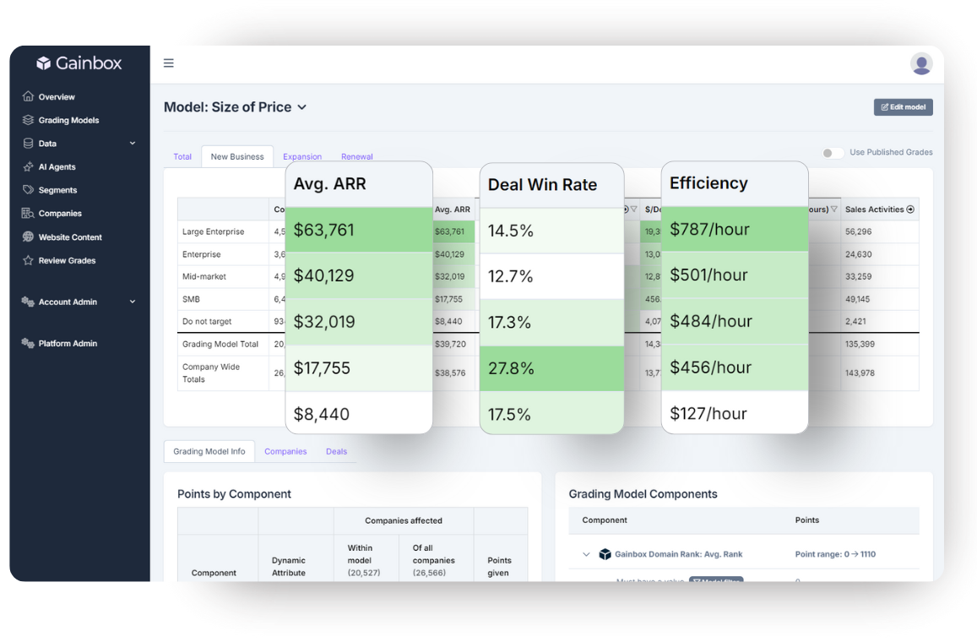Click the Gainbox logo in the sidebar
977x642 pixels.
coord(79,63)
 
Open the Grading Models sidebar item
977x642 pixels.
coord(68,120)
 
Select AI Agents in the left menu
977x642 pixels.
coord(57,167)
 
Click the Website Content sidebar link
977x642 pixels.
coord(69,237)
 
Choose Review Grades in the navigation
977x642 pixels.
coord(66,260)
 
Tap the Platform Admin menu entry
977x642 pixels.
coord(67,343)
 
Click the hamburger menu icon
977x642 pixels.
coord(169,63)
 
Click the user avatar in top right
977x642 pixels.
coord(920,63)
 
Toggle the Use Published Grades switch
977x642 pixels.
coord(833,153)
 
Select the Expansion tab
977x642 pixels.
coord(302,157)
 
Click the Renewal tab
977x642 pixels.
coord(357,157)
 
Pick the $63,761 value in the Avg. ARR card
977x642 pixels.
coord(324,230)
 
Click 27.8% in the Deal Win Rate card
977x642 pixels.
coord(511,368)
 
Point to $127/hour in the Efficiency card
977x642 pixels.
coord(708,414)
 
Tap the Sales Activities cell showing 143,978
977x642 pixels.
coord(860,373)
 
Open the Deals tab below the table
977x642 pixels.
coord(336,451)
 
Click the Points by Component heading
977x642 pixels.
coord(234,494)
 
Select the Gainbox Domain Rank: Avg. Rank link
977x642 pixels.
coord(678,554)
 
